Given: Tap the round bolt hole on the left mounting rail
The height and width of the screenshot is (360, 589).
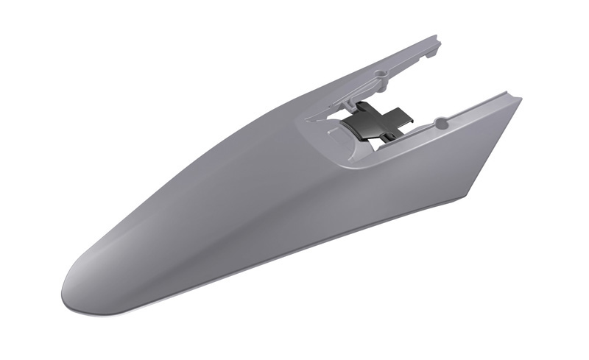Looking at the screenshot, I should tap(380, 74).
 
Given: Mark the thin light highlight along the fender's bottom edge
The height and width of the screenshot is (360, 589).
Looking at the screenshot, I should tap(221, 272).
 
